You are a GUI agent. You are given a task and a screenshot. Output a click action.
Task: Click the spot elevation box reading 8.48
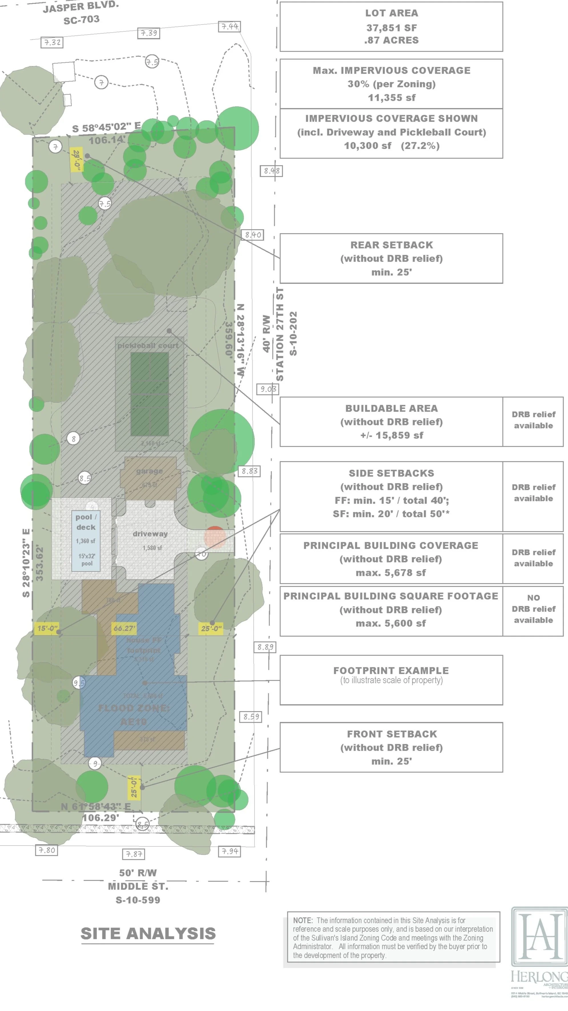click(x=271, y=171)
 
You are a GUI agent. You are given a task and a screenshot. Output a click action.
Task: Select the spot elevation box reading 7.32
click(x=52, y=42)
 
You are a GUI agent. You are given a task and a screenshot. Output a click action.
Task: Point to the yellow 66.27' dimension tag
click(x=124, y=628)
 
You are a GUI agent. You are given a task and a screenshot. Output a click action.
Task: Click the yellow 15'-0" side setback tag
click(x=47, y=628)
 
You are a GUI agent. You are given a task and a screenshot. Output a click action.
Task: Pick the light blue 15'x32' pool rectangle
click(x=86, y=541)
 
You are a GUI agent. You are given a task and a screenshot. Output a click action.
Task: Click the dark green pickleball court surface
click(x=150, y=394)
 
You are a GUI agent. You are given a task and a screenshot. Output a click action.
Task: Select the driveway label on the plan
click(x=150, y=534)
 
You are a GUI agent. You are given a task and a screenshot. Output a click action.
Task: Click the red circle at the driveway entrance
click(x=215, y=536)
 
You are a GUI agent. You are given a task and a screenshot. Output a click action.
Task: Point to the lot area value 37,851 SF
click(x=392, y=28)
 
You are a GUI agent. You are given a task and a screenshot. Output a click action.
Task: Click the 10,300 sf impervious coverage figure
click(x=368, y=146)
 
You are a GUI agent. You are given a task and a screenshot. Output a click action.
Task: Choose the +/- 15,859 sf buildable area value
click(x=392, y=435)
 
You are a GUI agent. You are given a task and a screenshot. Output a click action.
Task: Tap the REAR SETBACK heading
click(x=392, y=245)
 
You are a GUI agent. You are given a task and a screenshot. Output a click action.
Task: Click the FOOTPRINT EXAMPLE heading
click(x=391, y=670)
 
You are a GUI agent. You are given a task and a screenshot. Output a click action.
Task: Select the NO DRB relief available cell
click(x=533, y=609)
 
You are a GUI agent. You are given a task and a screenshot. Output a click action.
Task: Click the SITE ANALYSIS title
click(x=148, y=933)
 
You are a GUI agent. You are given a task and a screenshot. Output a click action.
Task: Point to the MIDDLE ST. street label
click(x=138, y=886)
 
